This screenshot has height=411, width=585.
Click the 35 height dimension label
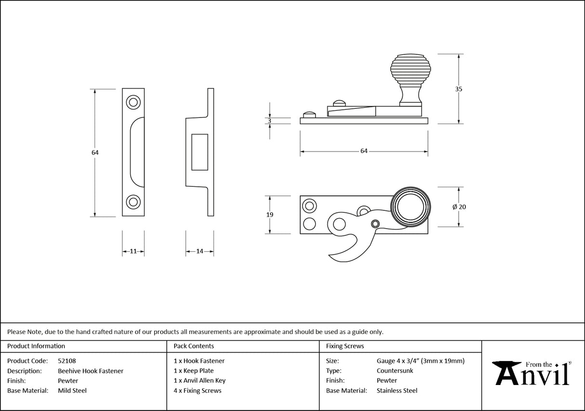pos(458,89)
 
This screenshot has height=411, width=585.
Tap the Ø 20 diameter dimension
pos(459,207)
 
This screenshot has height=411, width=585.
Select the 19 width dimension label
pos(269,215)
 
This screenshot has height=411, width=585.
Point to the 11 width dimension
pos(133,251)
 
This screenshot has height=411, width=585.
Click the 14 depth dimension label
pos(199,251)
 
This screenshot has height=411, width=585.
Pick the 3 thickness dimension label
pos(269,121)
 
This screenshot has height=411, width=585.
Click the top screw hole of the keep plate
pos(133,102)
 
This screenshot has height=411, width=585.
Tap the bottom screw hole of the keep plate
pos(133,202)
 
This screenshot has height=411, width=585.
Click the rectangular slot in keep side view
pos(199,152)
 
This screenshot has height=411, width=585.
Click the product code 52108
pos(66,361)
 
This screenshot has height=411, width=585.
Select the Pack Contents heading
pos(194,346)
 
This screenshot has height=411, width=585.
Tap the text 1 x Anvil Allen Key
pos(199,381)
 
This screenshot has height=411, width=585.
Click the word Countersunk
pos(395,371)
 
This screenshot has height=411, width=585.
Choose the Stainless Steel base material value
pos(397,391)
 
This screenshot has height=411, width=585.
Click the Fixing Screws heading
pos(345,346)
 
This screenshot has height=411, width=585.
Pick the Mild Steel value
pos(72,391)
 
